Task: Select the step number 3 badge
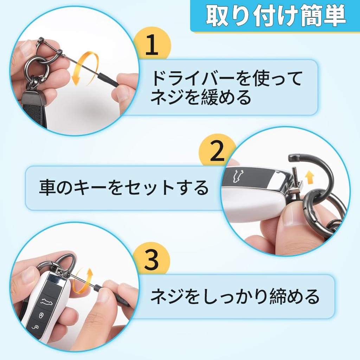152,259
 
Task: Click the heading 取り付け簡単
276,15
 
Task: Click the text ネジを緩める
201,97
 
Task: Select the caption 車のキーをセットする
124,188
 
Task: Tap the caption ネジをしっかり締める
235,296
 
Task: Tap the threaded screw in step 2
295,173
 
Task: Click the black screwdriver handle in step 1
108,79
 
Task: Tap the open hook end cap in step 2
294,157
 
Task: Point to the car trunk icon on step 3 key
47,302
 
